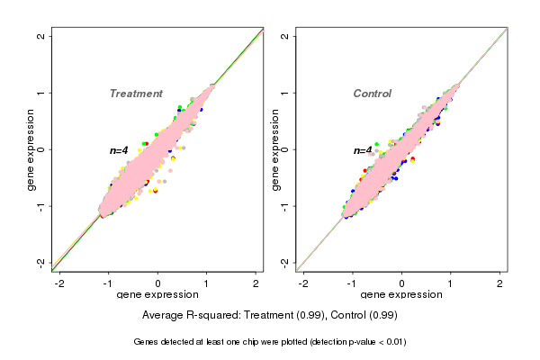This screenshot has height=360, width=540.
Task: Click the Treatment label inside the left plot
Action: pos(136,94)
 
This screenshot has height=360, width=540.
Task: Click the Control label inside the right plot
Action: pos(373,94)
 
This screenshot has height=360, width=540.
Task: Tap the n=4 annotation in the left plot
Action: pos(120,150)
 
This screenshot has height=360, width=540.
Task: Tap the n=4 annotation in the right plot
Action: pos(363,150)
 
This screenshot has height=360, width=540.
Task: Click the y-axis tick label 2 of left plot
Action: pos(41,36)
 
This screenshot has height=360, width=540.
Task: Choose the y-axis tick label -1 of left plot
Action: pos(41,205)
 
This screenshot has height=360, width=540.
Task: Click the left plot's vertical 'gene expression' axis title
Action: pos(31,149)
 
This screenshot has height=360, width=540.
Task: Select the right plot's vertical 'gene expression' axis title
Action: pos(274,149)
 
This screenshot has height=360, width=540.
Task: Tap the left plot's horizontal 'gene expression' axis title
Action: pos(157,295)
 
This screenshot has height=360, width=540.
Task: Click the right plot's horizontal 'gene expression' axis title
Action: pos(401,295)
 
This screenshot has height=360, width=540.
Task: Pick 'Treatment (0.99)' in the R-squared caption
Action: pos(279,316)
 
